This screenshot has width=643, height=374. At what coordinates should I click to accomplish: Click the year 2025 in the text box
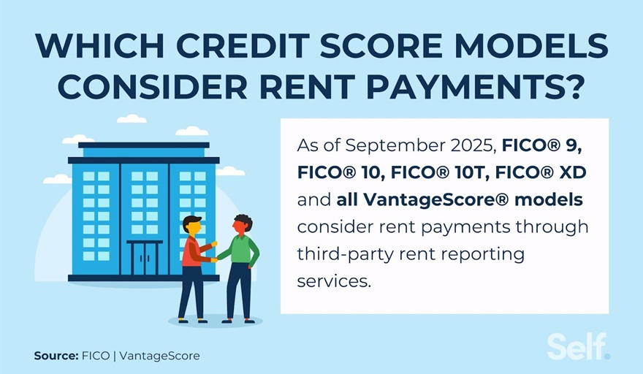(465, 145)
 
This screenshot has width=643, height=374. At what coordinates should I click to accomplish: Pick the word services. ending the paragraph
(334, 280)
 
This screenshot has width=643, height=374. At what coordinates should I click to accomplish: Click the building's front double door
(145, 258)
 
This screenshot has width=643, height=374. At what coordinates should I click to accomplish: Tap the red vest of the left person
(191, 253)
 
